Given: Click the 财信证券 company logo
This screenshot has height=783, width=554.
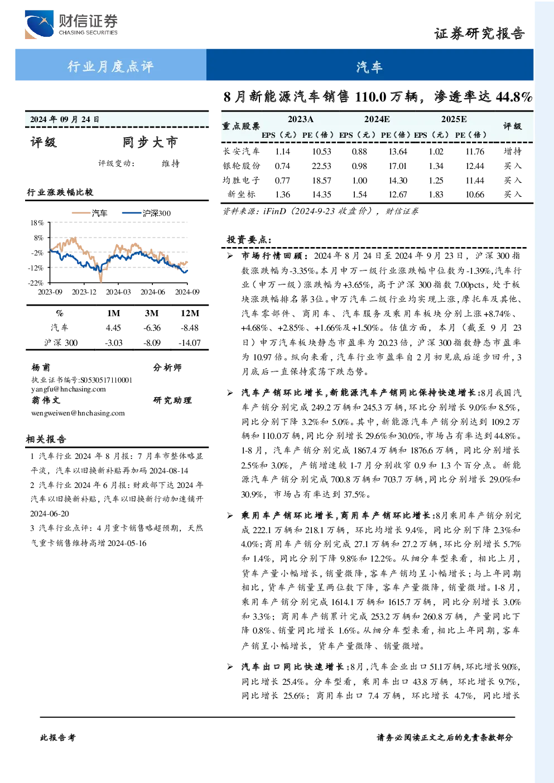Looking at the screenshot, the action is click(x=71, y=24).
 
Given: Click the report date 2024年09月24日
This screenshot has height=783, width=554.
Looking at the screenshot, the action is click(x=65, y=119).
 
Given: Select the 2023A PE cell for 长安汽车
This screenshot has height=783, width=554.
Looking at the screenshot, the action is click(x=321, y=151).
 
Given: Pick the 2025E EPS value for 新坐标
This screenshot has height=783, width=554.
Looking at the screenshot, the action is click(x=436, y=194).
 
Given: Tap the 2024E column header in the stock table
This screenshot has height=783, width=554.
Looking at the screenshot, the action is click(x=377, y=119).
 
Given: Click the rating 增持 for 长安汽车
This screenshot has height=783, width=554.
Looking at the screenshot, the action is click(x=512, y=151).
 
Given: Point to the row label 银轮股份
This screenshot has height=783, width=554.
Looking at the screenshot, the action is click(x=242, y=166).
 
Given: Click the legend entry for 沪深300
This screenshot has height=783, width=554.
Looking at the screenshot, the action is click(x=146, y=213).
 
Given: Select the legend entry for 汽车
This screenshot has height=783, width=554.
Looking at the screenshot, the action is click(x=89, y=213).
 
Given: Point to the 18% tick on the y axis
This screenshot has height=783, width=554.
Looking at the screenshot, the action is click(x=37, y=223).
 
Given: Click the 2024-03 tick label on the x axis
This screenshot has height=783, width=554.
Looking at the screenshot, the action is click(x=118, y=292).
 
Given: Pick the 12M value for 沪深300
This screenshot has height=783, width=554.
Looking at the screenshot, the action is click(x=190, y=342).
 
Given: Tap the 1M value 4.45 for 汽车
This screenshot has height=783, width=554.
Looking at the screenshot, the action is click(x=113, y=328).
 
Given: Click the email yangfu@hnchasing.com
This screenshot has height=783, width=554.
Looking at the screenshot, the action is click(x=68, y=389).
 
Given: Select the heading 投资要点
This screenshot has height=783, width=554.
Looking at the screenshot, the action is click(x=249, y=239).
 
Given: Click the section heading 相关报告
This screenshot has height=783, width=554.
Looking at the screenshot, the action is click(x=46, y=439).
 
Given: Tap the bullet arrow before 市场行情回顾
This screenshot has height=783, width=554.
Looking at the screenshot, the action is click(x=230, y=256).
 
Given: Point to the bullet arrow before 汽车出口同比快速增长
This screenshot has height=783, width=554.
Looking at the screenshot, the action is click(x=230, y=667).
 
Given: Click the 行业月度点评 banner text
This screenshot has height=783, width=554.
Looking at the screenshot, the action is click(x=110, y=66).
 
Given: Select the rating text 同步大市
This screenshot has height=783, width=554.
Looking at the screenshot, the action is click(x=150, y=142).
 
